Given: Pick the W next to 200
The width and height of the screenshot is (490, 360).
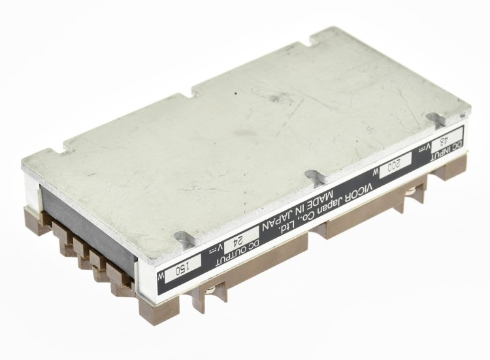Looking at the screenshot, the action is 376,172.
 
